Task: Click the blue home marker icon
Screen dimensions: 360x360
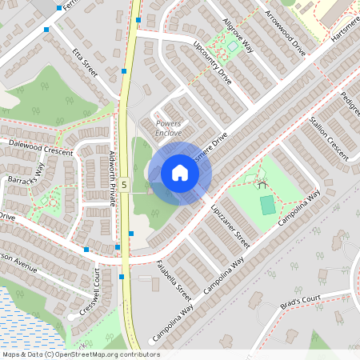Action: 180,173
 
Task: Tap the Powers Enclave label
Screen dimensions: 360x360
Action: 169,128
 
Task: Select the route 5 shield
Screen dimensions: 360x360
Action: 124,118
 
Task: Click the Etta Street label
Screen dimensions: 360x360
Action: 84,63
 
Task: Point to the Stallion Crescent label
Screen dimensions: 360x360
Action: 329,138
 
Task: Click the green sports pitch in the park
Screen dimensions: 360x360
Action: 268,204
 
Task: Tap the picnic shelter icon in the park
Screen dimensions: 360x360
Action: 262,183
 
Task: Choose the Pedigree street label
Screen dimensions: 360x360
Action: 350,104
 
